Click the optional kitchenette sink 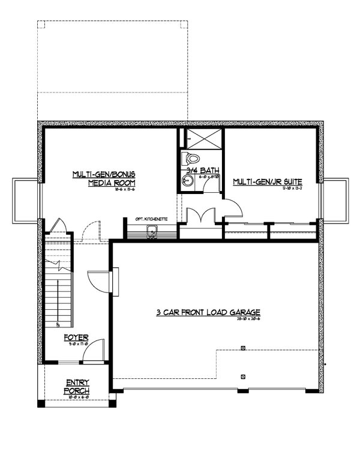tap(152, 236)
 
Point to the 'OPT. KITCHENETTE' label tap(151, 220)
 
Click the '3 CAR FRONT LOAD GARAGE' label tap(208, 312)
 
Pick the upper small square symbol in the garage tap(243, 348)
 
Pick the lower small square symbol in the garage tap(243, 377)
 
